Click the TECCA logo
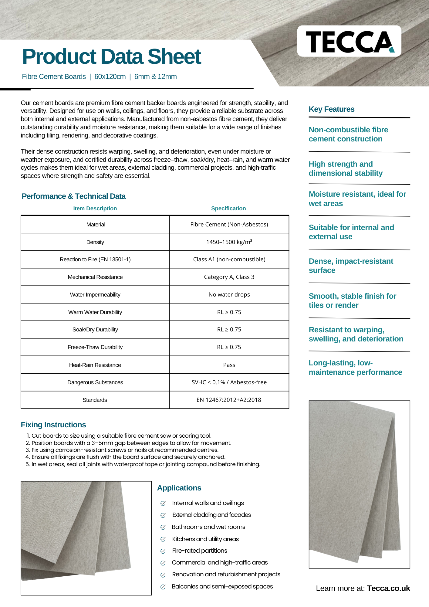pos(349,41)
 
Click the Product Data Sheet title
pos(111,57)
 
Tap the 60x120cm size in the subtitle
pos(110,76)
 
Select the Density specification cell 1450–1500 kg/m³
pos(229,242)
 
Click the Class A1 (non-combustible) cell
pos(229,259)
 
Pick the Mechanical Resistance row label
pos(95,277)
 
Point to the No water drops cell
pos(229,295)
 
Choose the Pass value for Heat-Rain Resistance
pos(229,365)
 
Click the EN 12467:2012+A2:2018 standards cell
pos(229,400)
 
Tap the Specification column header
pos(228,209)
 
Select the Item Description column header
pos(95,209)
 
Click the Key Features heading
pos(331,109)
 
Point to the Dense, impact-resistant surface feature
pos(351,266)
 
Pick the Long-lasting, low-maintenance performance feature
pos(355,368)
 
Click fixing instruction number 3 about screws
pos(125,450)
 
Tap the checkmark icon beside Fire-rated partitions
pos(163,551)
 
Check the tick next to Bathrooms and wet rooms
pos(163,527)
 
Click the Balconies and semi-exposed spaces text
pos(222,587)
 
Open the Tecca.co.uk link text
pos(388,588)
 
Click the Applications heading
pos(179,488)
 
